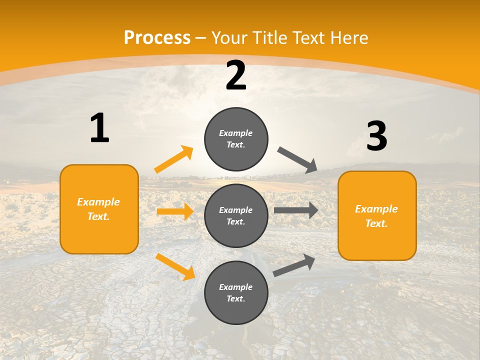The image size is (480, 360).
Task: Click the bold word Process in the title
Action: click(157, 37)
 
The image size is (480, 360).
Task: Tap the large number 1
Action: click(99, 128)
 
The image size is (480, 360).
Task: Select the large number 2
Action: click(236, 75)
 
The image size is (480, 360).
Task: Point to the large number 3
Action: click(377, 136)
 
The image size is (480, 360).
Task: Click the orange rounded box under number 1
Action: click(99, 209)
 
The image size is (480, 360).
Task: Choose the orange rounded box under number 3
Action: click(377, 215)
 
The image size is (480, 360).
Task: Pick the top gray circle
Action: click(236, 139)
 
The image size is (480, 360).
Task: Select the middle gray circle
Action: click(236, 215)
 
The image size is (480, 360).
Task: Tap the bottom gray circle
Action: click(236, 292)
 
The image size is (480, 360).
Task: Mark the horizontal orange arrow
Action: click(175, 211)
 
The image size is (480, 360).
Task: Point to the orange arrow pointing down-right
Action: click(175, 266)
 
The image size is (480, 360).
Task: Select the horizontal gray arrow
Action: click(296, 210)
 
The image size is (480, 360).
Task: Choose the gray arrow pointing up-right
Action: click(294, 265)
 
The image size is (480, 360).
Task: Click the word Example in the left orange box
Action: click(98, 202)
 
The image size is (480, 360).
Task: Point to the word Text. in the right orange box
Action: click(376, 223)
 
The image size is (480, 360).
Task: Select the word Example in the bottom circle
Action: click(235, 287)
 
